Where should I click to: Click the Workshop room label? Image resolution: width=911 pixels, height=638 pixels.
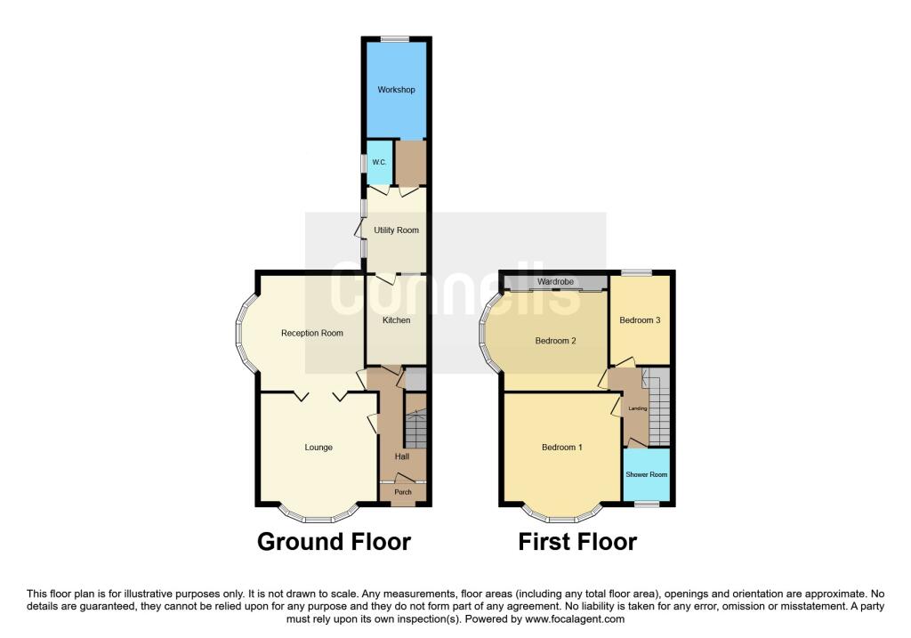click(x=396, y=90)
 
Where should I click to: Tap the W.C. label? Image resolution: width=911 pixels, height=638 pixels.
click(x=378, y=162)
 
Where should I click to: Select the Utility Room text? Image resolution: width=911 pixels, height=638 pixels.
click(x=396, y=230)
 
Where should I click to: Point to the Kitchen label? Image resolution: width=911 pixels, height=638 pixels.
click(x=396, y=320)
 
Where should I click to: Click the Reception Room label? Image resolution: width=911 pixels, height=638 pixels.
click(x=312, y=334)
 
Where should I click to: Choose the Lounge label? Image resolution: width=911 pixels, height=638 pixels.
click(x=318, y=448)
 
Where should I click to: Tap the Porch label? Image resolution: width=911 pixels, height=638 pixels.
click(x=403, y=492)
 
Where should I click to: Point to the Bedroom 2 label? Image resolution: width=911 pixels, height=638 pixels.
click(x=556, y=341)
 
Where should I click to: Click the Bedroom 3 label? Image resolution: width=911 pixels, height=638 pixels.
click(x=640, y=320)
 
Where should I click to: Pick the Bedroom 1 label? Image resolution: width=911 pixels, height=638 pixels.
click(x=562, y=448)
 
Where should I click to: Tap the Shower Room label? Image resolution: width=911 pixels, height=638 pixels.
click(x=647, y=475)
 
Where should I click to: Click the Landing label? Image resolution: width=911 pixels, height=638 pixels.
click(x=638, y=408)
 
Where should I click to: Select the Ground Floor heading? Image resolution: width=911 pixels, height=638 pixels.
click(x=334, y=541)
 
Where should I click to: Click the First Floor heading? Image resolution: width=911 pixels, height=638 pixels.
click(x=577, y=541)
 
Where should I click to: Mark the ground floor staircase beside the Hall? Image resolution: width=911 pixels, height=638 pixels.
click(x=416, y=428)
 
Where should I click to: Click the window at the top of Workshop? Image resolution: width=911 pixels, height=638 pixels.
click(x=395, y=38)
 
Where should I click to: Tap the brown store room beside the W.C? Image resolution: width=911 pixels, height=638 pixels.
click(x=410, y=162)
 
